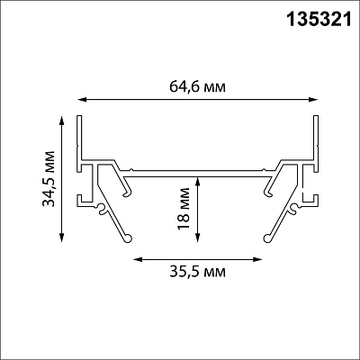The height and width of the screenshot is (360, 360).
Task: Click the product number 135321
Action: tap(319, 19)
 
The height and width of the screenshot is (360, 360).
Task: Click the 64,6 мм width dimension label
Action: tap(197, 87)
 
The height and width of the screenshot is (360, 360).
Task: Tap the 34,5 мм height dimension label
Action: tap(49, 178)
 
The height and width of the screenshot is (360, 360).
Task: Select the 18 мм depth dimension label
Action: tap(184, 209)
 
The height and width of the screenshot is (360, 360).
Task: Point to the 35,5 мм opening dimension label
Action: tap(197, 272)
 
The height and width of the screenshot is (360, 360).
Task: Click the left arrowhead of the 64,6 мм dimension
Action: tap(82, 100)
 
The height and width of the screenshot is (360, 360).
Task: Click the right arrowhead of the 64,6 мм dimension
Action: tap(312, 100)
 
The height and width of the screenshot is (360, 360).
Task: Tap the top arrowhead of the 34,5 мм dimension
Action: tap(62, 121)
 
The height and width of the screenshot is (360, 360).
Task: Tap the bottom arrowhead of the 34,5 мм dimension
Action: tap(62, 237)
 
